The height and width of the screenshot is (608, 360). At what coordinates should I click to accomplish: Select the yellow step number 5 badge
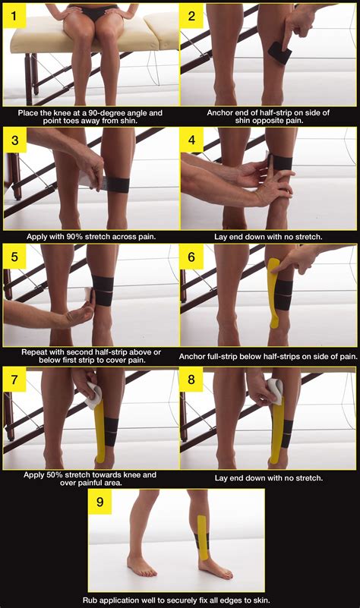[x=14, y=257]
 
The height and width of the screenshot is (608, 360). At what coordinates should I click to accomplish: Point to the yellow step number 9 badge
[x=100, y=502]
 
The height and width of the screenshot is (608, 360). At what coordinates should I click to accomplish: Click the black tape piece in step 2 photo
[x=277, y=51]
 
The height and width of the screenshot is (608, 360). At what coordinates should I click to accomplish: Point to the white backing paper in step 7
[x=92, y=393]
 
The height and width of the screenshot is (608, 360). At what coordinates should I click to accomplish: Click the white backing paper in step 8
[x=273, y=389]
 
